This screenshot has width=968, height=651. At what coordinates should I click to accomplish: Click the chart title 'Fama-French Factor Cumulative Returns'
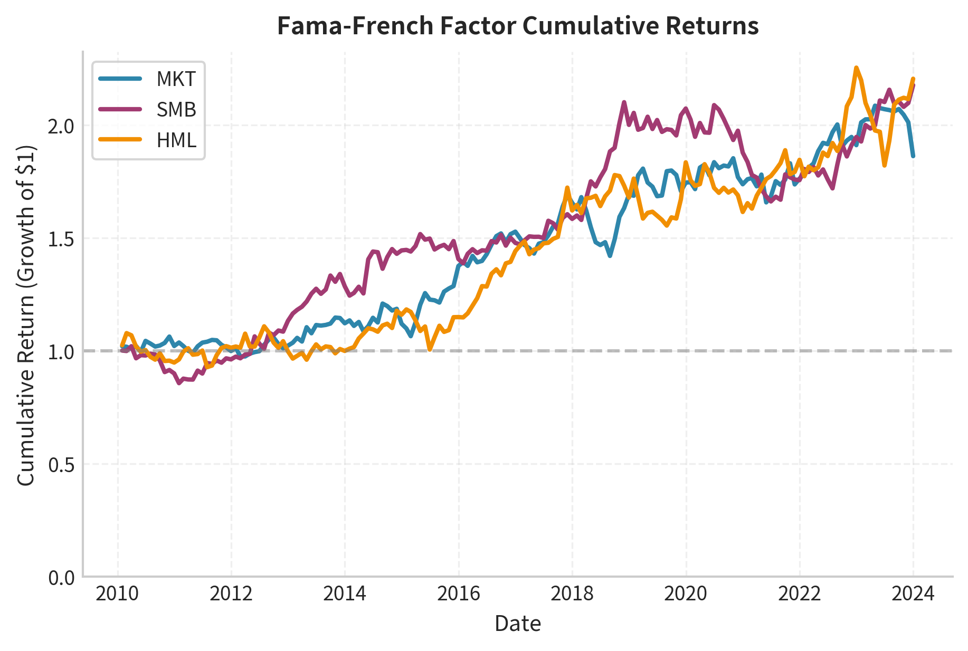click(518, 26)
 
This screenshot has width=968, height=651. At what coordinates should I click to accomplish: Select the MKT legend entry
click(176, 79)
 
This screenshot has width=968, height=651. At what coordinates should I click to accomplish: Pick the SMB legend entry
click(176, 110)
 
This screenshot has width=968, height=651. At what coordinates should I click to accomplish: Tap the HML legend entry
click(176, 140)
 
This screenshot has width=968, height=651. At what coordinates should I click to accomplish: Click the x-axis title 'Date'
click(518, 624)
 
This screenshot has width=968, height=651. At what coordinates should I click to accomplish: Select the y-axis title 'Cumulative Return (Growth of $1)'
click(26, 314)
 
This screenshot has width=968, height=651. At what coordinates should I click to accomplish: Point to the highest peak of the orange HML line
click(856, 68)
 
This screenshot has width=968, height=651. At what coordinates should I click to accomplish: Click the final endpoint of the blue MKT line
click(913, 156)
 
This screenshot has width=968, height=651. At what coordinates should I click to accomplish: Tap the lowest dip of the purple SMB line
click(179, 383)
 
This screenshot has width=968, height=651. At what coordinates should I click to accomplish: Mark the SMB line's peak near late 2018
click(624, 102)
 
